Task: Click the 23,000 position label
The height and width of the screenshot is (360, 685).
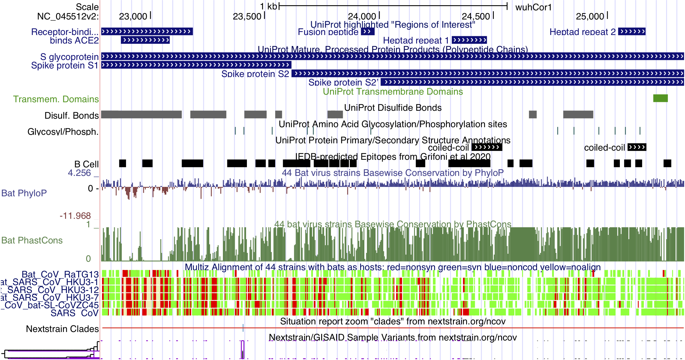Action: (x=133, y=16)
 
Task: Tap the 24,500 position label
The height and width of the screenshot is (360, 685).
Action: (x=476, y=16)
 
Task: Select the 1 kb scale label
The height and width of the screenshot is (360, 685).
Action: (x=268, y=6)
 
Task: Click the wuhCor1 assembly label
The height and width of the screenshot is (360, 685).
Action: (x=533, y=7)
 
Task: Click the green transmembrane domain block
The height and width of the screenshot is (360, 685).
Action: (x=660, y=98)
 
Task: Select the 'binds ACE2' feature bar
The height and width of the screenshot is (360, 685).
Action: (x=145, y=40)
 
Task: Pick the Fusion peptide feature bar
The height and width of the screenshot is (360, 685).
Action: (x=367, y=32)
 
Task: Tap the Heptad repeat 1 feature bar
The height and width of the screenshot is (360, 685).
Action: (x=469, y=40)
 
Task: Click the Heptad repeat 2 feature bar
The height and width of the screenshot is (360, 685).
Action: (x=632, y=32)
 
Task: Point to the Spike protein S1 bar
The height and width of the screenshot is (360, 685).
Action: (x=196, y=65)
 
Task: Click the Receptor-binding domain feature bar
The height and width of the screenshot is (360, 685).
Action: (x=147, y=32)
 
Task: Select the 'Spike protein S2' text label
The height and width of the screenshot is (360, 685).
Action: (x=255, y=74)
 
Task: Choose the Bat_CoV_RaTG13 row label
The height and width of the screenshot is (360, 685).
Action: (x=60, y=274)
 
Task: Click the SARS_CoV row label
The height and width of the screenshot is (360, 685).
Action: (x=75, y=313)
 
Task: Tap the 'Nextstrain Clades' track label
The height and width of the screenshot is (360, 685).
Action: (x=62, y=329)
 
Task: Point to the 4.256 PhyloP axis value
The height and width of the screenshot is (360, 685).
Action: (x=79, y=173)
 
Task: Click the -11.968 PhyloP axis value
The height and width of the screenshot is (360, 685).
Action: (x=75, y=216)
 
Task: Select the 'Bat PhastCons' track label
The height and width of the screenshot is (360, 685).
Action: (x=32, y=240)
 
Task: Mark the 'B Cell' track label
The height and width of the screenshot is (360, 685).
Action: (x=86, y=164)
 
